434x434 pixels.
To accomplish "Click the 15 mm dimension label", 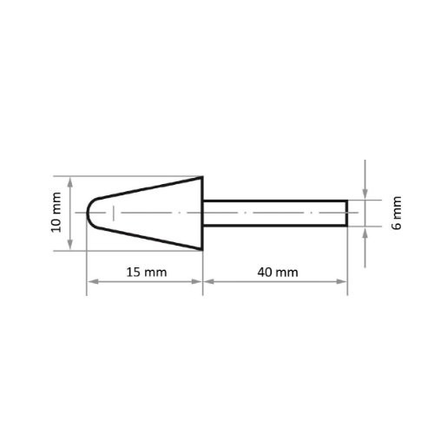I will click(145, 272).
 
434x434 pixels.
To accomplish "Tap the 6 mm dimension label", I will click(397, 213).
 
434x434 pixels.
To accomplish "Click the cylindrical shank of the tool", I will click(274, 214).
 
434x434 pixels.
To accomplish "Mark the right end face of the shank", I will click(347, 214).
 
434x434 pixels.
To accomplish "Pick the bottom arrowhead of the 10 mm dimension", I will click(69, 247).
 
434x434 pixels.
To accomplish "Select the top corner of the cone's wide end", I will click(202, 177).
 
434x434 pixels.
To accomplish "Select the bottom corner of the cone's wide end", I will click(202, 250).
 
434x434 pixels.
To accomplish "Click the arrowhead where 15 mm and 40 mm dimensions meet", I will click(203, 281).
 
